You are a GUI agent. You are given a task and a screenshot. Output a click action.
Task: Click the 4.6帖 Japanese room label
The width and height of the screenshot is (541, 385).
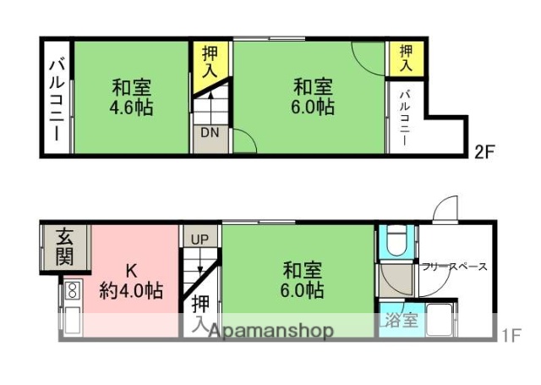click(x=130, y=97)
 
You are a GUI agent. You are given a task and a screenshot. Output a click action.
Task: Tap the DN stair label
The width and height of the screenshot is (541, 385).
click(x=210, y=132)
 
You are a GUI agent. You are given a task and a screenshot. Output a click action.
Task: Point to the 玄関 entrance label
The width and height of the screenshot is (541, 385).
click(x=64, y=247)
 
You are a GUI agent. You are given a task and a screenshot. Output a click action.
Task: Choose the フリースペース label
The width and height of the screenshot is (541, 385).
click(x=454, y=267)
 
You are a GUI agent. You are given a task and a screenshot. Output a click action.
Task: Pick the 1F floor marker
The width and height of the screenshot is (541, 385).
click(x=510, y=334)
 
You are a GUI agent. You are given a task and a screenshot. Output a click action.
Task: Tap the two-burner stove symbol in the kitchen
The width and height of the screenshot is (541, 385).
click(x=72, y=292)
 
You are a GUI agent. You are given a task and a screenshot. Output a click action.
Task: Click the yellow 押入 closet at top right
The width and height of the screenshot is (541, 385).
click(x=406, y=58)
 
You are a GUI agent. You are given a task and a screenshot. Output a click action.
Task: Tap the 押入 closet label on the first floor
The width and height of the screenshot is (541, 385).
click(x=199, y=312)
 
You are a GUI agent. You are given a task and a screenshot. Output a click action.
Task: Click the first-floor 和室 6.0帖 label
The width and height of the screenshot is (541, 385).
click(x=302, y=281)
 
